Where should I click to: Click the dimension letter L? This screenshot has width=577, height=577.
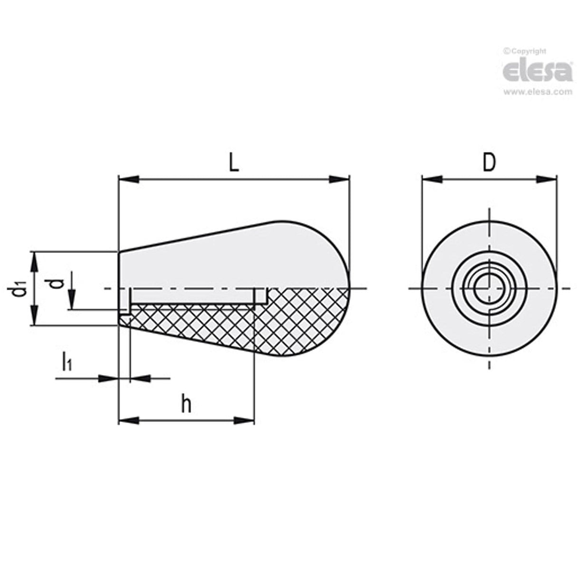233,163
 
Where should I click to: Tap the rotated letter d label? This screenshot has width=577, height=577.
57,284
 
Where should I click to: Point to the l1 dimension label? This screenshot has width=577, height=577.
67,362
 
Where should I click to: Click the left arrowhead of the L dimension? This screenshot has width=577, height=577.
128,179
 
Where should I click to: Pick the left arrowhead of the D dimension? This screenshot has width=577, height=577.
432,179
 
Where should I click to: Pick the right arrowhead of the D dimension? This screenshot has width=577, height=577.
547,179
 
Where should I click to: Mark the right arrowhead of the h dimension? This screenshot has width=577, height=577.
244,420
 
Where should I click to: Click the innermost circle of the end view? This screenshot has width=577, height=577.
489,288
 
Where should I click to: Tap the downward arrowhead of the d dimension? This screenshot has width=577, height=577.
70,300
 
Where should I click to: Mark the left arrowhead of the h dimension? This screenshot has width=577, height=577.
128,420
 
